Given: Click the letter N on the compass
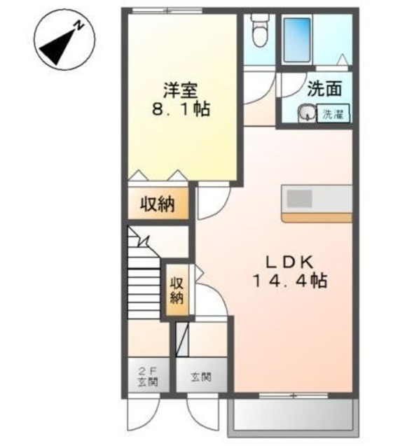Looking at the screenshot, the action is (79, 26).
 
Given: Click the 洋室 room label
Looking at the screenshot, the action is (181, 90).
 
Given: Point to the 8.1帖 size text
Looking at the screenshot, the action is (181, 109).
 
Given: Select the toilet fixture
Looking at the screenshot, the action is (260, 31).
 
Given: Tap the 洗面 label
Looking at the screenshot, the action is (324, 89).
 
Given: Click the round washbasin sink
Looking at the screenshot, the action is (307, 113).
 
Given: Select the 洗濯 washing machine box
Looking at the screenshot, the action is (333, 113).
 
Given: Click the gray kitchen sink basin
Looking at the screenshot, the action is (299, 198).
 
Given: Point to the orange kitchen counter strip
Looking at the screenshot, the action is (317, 218).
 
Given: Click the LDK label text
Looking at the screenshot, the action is (289, 262).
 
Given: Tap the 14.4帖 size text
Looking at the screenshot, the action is (289, 281).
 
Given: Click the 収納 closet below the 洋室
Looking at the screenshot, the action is (158, 204).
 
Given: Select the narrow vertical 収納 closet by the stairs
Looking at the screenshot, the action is (178, 290).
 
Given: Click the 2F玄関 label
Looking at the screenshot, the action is (148, 377).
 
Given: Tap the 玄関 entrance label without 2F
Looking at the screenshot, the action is (201, 377).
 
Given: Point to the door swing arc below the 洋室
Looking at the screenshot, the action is (217, 206).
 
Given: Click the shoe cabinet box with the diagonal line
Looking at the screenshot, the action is (182, 339).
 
